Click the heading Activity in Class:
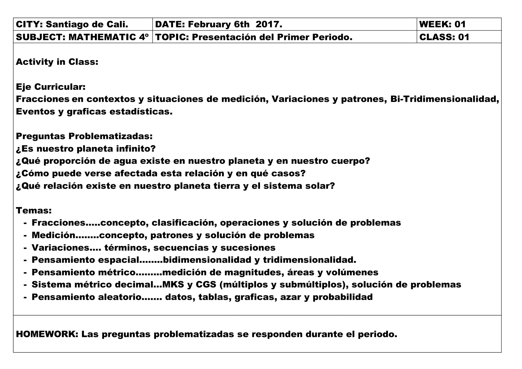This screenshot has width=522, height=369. (57, 62)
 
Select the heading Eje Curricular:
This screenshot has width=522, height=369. (51, 87)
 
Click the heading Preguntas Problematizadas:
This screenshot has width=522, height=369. (84, 136)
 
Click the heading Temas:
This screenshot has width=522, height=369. (34, 211)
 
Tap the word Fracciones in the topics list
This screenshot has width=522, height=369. (58, 223)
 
